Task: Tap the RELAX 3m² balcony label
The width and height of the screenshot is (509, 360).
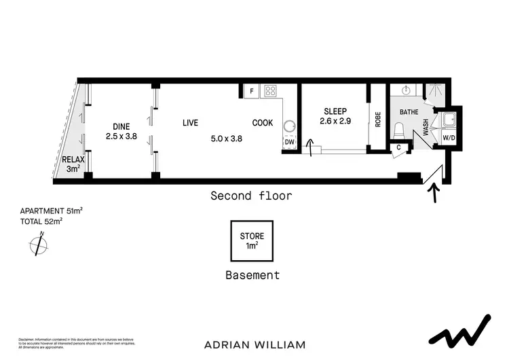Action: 71,164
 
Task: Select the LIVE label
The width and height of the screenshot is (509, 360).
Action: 190,123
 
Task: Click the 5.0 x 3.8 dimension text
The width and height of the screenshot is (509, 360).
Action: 227,139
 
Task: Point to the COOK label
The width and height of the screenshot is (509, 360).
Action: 263,123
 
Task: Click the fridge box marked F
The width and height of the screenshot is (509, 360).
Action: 251,90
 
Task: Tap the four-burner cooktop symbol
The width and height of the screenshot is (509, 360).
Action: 269,90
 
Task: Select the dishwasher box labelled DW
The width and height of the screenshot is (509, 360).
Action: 290,142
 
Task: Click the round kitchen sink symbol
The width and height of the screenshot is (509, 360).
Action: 290,126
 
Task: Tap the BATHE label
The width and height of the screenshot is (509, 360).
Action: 409,111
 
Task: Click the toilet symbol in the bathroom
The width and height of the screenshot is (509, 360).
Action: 400,130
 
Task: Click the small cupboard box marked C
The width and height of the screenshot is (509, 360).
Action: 398,147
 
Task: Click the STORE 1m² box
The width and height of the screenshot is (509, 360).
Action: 252,241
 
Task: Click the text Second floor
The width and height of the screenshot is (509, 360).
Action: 251,196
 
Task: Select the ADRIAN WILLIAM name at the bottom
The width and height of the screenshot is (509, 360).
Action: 254,344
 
